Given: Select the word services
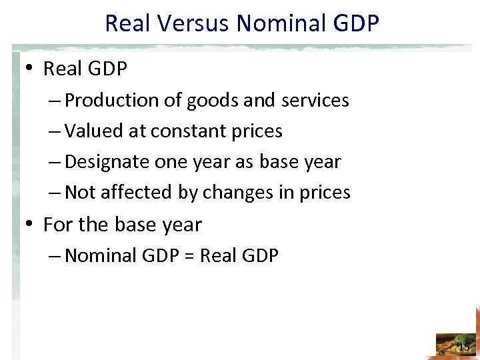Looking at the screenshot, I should click(316, 101).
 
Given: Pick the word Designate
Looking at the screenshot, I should click(109, 162).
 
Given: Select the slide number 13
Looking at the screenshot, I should click(463, 347).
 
